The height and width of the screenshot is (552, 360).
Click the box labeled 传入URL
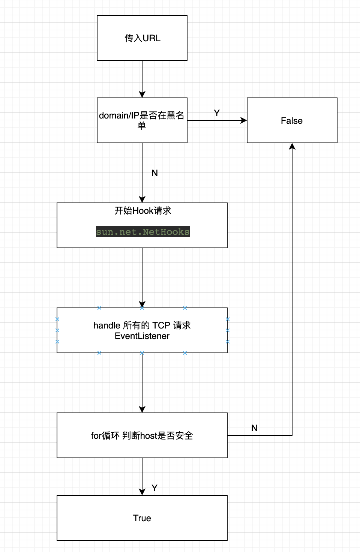142,38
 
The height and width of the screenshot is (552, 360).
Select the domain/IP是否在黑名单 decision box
142,120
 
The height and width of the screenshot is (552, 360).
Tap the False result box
292,120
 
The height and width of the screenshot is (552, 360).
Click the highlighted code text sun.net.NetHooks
142,232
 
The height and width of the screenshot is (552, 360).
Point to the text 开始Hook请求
142,211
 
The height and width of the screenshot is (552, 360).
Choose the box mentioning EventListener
142,330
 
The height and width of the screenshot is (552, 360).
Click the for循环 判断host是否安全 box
142,435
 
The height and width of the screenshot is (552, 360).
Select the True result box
142,518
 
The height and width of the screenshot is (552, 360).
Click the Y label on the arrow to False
217,113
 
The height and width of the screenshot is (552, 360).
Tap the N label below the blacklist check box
154,173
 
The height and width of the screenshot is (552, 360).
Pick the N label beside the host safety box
254,428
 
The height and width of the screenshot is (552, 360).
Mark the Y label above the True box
154,488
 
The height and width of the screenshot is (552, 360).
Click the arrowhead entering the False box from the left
244,120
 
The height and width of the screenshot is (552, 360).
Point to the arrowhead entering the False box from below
292,146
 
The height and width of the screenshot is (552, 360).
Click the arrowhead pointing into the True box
142,492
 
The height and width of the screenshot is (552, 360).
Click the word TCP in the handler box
161,325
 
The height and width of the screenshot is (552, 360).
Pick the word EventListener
142,336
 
